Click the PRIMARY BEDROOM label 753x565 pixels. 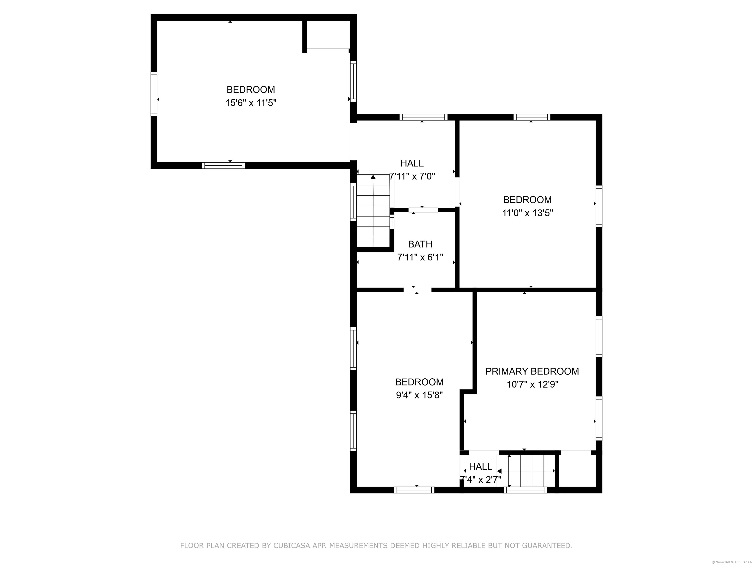tap(532, 371)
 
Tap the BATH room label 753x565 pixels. tap(420, 244)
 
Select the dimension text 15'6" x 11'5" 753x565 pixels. tap(251, 103)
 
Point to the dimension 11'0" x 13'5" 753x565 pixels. tap(528, 213)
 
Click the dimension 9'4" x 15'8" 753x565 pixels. tap(419, 395)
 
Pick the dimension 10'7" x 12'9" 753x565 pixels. tap(532, 385)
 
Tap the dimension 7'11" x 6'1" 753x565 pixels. tap(420, 257)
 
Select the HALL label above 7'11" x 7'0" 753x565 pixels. tap(412, 164)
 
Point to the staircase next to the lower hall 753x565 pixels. tap(526, 471)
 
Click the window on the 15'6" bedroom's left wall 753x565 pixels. tap(154, 94)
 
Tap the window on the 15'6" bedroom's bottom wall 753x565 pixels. tap(223, 166)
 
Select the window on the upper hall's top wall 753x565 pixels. tap(424, 117)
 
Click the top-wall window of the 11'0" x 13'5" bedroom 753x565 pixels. tap(532, 117)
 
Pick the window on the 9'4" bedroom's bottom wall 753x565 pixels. tap(414, 490)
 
